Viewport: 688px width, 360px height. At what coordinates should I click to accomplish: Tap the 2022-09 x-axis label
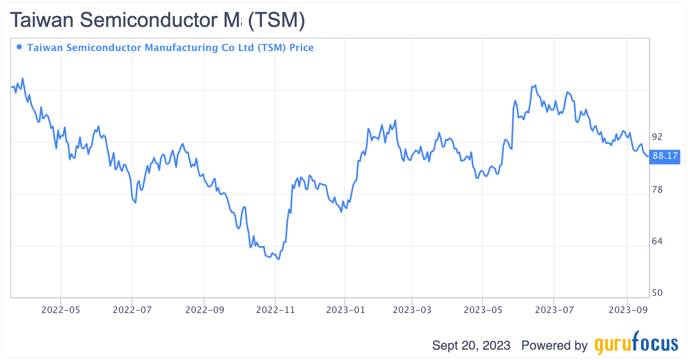point(204,310)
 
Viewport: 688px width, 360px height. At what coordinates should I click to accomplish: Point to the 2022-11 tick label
point(275,310)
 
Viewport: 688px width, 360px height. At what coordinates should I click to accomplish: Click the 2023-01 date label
point(345,310)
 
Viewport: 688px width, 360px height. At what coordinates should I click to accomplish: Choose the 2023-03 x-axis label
point(412,310)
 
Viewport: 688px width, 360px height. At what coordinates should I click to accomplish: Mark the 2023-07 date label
point(553,310)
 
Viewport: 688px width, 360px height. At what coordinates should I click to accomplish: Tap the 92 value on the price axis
point(657,137)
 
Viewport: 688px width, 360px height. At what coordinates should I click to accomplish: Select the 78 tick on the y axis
point(657,189)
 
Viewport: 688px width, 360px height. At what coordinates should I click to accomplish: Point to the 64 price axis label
point(657,241)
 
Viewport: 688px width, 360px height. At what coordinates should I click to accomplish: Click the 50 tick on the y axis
point(657,293)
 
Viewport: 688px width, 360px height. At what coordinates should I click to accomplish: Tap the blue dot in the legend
point(19,47)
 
